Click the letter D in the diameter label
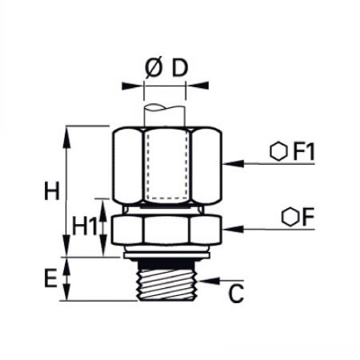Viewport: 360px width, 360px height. coord(180,68)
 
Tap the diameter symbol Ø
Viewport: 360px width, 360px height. coord(154,68)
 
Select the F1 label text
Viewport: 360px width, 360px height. coord(304,152)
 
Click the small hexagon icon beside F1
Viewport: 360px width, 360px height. coord(278,152)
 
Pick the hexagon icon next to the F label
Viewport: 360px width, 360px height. coord(290,217)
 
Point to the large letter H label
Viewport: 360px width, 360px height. coord(52,190)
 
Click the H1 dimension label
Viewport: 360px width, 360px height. coord(85,226)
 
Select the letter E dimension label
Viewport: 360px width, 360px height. coord(50,278)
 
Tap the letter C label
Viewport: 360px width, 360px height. coord(236,294)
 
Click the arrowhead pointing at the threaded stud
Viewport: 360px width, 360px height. coord(210,281)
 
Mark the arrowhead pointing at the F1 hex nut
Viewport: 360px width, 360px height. coord(233,164)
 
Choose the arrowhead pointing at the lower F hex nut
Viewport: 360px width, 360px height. coord(233,229)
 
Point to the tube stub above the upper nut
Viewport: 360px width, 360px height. coord(164,115)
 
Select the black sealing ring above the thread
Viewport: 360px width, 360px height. coord(166,264)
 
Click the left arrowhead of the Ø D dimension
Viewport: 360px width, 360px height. coord(133,86)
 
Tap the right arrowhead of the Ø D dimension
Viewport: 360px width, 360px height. coord(197,86)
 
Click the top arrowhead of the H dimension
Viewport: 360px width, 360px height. coord(66,137)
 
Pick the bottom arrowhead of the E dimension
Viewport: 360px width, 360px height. coord(66,291)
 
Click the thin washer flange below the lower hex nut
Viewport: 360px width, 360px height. coord(166,255)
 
